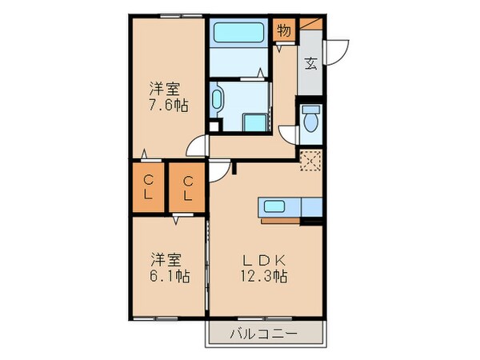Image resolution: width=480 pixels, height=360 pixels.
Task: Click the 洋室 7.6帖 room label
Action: [x=168, y=97]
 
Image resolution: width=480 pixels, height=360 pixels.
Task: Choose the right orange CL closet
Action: [x=187, y=188]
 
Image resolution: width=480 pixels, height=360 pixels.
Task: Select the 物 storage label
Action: [x=284, y=30]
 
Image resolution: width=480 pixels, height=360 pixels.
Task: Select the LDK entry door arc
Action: [x=220, y=170]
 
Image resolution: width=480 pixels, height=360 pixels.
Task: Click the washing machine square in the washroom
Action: [x=255, y=122]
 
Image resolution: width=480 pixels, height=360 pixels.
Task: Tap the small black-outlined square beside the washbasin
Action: [x=214, y=126]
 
